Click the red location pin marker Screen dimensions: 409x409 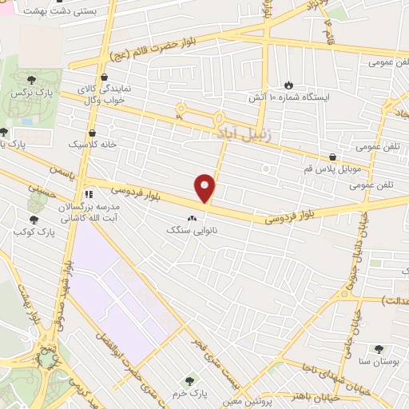click(x=206, y=188)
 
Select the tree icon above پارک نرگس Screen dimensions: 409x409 click(x=31, y=79)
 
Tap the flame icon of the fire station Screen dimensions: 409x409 click(x=288, y=84)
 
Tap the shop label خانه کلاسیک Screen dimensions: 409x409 click(x=91, y=145)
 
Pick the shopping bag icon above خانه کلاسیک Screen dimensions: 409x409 click(x=93, y=132)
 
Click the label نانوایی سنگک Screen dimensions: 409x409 click(x=192, y=229)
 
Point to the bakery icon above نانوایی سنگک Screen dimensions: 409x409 click(x=192, y=216)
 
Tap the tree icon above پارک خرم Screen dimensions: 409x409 click(x=189, y=380)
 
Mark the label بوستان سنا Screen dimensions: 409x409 click(x=378, y=363)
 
